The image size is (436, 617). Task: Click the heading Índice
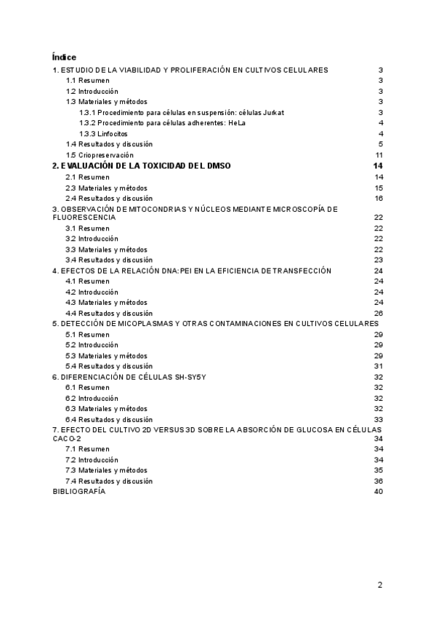[65, 57]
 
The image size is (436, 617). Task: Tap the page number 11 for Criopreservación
[379, 155]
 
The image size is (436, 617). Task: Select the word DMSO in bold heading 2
[217, 166]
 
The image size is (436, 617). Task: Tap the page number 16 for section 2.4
[379, 198]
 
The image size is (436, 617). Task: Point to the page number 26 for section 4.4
[379, 313]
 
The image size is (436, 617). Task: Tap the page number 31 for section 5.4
[379, 366]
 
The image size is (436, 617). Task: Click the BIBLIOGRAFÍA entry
[78, 492]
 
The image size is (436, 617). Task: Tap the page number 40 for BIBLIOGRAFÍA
[379, 492]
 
